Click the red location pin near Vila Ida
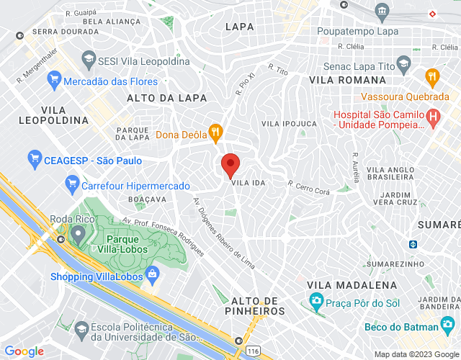pyautogui.click(x=230, y=165)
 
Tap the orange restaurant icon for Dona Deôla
pyautogui.click(x=214, y=132)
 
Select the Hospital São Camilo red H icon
pyautogui.click(x=433, y=116)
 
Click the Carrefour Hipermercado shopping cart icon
pyautogui.click(x=71, y=185)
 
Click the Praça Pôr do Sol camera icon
pyautogui.click(x=315, y=300)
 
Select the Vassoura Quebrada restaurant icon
pyautogui.click(x=431, y=76)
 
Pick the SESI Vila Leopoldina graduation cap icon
pyautogui.click(x=88, y=59)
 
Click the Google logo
pyautogui.click(x=24, y=351)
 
